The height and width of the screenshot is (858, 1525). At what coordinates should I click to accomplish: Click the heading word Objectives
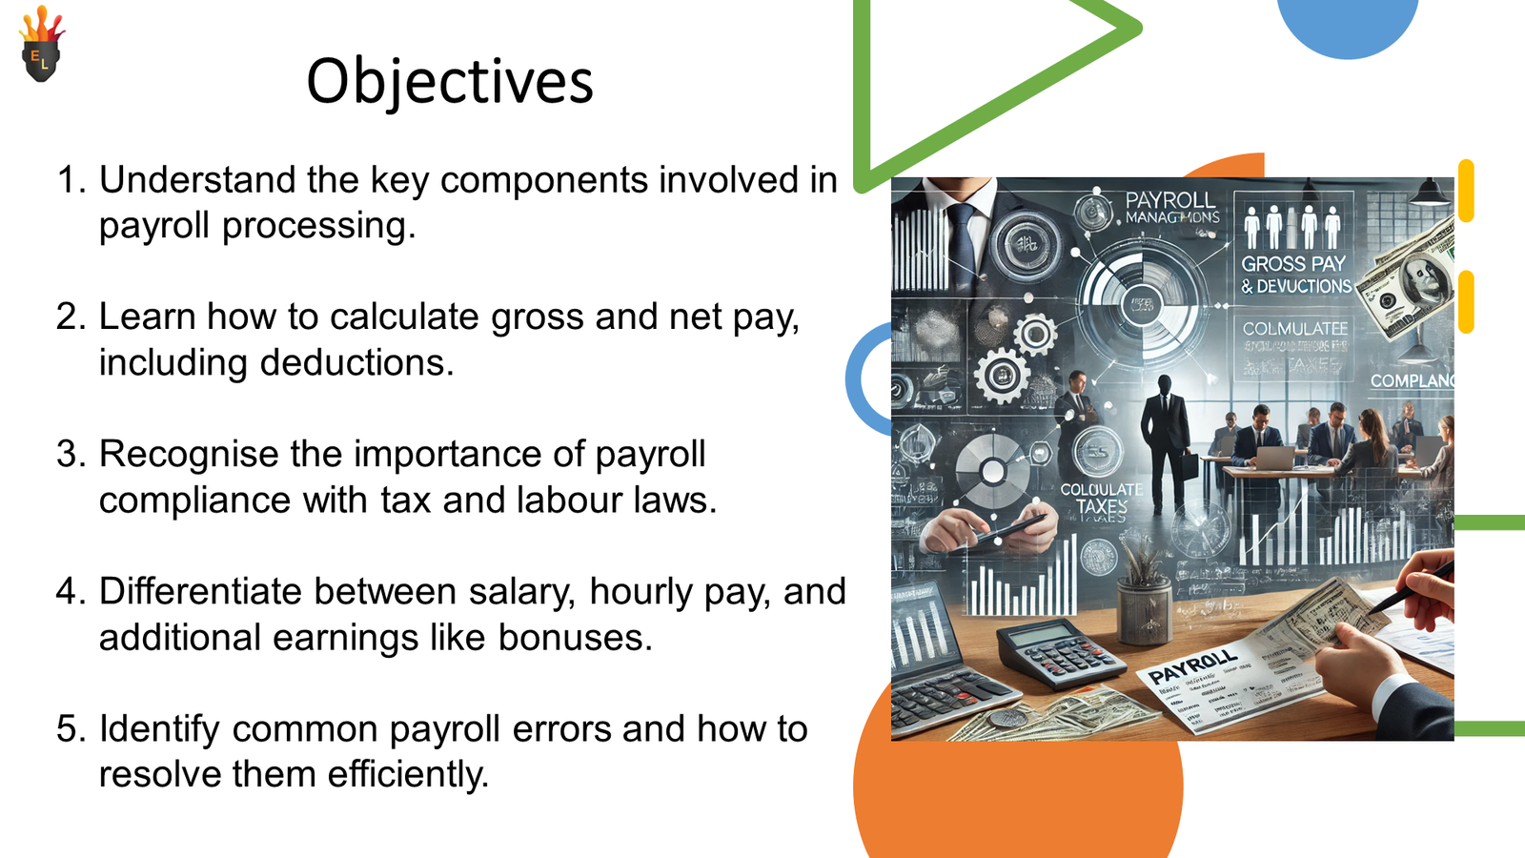(x=450, y=82)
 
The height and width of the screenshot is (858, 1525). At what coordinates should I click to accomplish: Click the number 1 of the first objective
(x=67, y=180)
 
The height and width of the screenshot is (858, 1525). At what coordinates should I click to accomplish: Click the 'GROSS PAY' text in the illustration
(x=1292, y=264)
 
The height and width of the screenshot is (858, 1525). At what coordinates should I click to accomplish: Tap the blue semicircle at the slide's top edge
(x=1347, y=23)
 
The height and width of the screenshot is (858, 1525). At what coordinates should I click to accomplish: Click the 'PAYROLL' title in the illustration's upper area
(x=1169, y=200)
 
